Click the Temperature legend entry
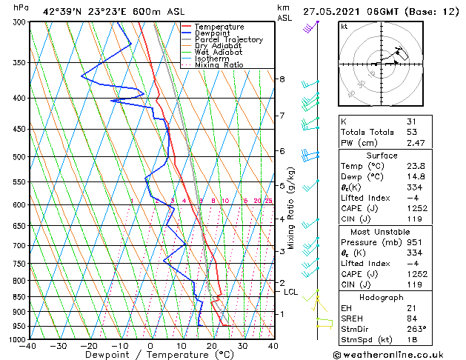coord(219,27)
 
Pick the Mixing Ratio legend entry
coord(219,65)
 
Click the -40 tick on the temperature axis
coord(28,346)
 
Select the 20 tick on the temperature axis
coord(212,346)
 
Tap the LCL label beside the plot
coord(291,292)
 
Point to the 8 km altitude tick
coord(282,79)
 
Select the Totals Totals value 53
coord(412,132)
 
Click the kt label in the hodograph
coord(344,27)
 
